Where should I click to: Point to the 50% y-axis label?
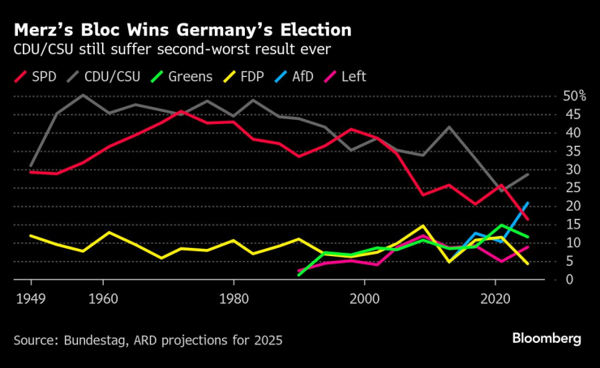pyautogui.click(x=574, y=96)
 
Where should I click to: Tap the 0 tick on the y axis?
pyautogui.click(x=571, y=280)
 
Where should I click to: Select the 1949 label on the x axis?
pyautogui.click(x=31, y=297)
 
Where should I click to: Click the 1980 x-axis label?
pyautogui.click(x=234, y=297)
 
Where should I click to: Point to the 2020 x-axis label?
pyautogui.click(x=495, y=297)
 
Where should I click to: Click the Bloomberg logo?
pyautogui.click(x=546, y=339)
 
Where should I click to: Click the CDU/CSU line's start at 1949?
pyautogui.click(x=30, y=165)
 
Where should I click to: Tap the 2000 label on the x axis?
pyautogui.click(x=365, y=297)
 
